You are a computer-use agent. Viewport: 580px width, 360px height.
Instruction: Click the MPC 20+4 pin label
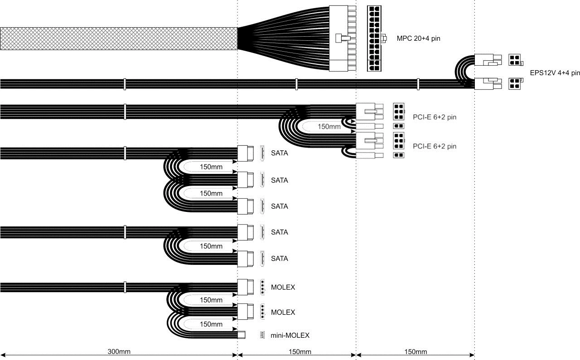[x=418, y=38]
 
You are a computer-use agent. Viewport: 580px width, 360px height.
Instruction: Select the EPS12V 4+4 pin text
[x=555, y=72]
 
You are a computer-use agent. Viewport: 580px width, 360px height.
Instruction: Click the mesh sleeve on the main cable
[x=118, y=38]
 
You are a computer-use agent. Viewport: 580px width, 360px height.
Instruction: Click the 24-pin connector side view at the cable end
[x=338, y=38]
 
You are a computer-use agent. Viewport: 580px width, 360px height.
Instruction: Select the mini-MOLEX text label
[x=290, y=336]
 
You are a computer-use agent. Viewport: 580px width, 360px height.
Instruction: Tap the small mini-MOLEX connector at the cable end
[x=242, y=335]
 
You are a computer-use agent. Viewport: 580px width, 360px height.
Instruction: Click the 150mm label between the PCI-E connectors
[x=329, y=127]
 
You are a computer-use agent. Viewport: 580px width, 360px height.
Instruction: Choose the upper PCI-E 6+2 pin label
[x=434, y=117]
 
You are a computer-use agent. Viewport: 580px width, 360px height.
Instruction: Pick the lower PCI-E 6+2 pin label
[x=434, y=146]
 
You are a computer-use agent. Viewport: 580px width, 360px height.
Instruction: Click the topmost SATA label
[x=279, y=154]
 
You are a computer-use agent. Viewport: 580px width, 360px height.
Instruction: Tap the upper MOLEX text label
[x=283, y=287]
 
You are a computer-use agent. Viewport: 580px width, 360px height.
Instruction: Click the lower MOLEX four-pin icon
[x=262, y=312]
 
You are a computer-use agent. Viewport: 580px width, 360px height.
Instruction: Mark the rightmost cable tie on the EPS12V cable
[x=418, y=84]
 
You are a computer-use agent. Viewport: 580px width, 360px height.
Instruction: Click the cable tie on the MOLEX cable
[x=125, y=287]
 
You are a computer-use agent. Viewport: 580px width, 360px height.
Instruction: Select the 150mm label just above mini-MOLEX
[x=211, y=325]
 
